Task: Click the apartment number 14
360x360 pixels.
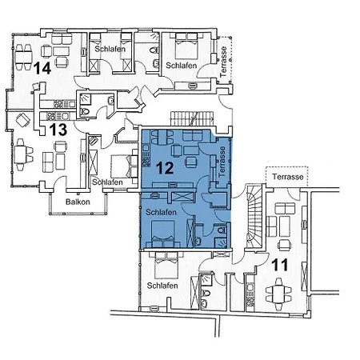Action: (42, 70)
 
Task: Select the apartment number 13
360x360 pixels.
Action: (58, 129)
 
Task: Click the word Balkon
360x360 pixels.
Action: (78, 202)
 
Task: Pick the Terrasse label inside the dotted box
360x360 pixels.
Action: (286, 176)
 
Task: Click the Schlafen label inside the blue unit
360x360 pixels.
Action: (162, 213)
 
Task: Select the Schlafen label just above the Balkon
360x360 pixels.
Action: (107, 182)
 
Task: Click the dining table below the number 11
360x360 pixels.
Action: (280, 292)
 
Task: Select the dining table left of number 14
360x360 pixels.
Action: (22, 53)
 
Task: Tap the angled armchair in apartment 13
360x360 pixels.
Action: (23, 121)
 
